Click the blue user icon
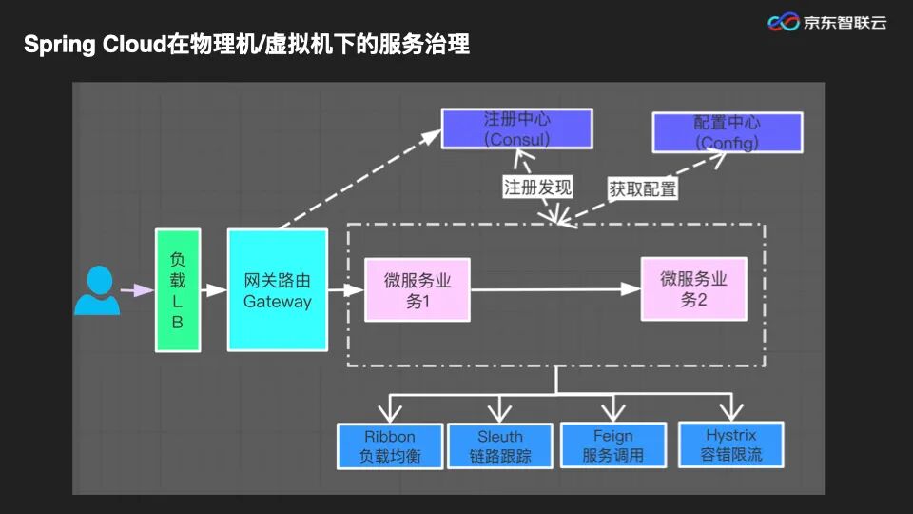click(97, 290)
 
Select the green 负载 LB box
click(178, 290)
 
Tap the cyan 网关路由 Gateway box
click(277, 290)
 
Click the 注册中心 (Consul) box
click(516, 128)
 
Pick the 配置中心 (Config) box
click(727, 132)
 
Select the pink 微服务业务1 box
click(418, 290)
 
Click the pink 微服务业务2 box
click(693, 289)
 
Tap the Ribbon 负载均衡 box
click(390, 445)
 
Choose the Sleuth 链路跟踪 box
click(500, 445)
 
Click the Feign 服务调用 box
click(612, 445)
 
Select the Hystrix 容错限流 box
click(730, 444)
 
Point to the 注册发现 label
click(537, 187)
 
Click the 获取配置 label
click(643, 188)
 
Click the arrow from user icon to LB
click(137, 290)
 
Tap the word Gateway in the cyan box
click(277, 302)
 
